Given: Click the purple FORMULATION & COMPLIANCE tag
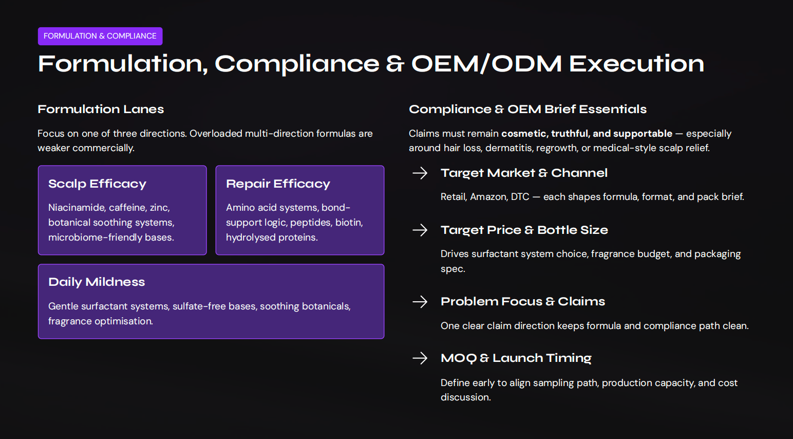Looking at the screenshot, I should pos(100,36).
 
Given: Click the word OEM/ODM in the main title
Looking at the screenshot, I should pos(486,64).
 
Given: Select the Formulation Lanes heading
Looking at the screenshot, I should pos(101,109).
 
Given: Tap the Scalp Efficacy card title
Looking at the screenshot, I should pos(97,184).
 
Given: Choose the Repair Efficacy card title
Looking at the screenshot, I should pos(278,184).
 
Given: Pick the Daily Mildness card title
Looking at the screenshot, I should pos(97,282).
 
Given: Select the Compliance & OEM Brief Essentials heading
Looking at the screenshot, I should pos(527,109).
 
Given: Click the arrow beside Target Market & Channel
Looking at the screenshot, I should pos(420,173).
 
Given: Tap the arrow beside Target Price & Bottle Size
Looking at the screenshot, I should pos(420,230).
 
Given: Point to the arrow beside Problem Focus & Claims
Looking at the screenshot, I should pos(420,301).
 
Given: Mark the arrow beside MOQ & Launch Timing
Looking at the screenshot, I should pos(420,358).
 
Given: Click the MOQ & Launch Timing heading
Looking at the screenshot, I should pos(516,358).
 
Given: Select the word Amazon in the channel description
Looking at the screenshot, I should pos(487,197).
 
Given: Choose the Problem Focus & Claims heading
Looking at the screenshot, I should pos(522,301).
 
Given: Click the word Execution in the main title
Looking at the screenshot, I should pos(636,64).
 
